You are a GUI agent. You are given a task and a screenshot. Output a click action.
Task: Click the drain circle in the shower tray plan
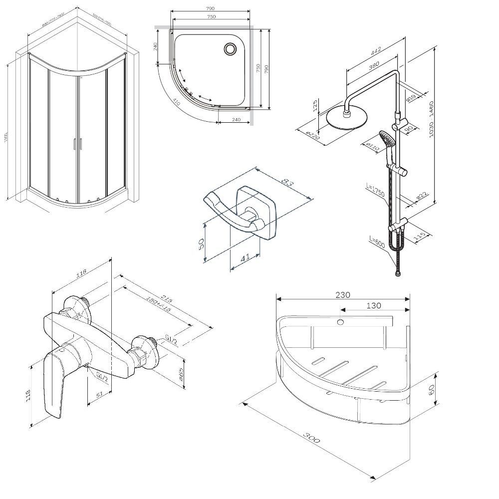tap(230, 48)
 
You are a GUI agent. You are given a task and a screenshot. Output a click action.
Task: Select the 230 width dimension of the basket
tap(343, 294)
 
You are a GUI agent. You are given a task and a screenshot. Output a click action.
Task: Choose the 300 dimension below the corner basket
tap(310, 439)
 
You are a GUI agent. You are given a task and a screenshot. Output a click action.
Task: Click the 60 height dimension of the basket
tap(431, 388)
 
